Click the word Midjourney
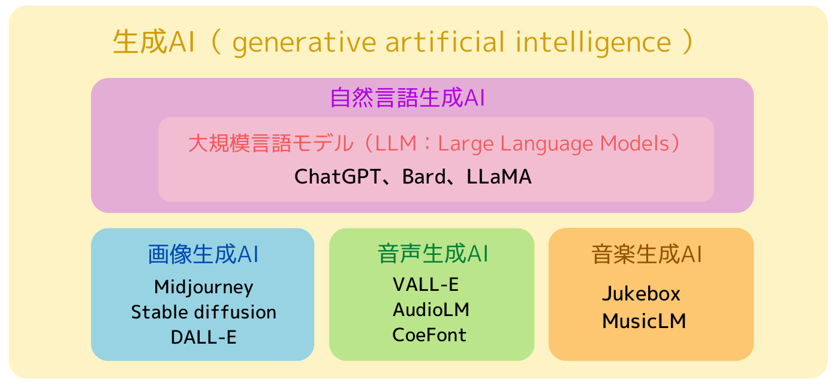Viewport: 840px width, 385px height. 203,287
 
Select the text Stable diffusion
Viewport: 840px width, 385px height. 203,312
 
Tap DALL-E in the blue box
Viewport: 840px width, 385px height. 203,337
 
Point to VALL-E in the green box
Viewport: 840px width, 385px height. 425,284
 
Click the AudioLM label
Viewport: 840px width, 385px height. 430,309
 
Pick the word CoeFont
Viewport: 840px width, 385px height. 429,335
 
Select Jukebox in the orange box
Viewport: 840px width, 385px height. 641,294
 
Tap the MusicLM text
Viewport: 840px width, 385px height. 644,321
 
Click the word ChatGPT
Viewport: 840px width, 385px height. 337,177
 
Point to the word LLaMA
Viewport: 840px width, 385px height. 499,177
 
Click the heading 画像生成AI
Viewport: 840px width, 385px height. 203,254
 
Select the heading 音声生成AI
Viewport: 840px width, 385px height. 433,254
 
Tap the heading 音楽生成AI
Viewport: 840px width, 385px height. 646,254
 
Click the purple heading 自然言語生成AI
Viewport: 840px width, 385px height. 407,98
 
